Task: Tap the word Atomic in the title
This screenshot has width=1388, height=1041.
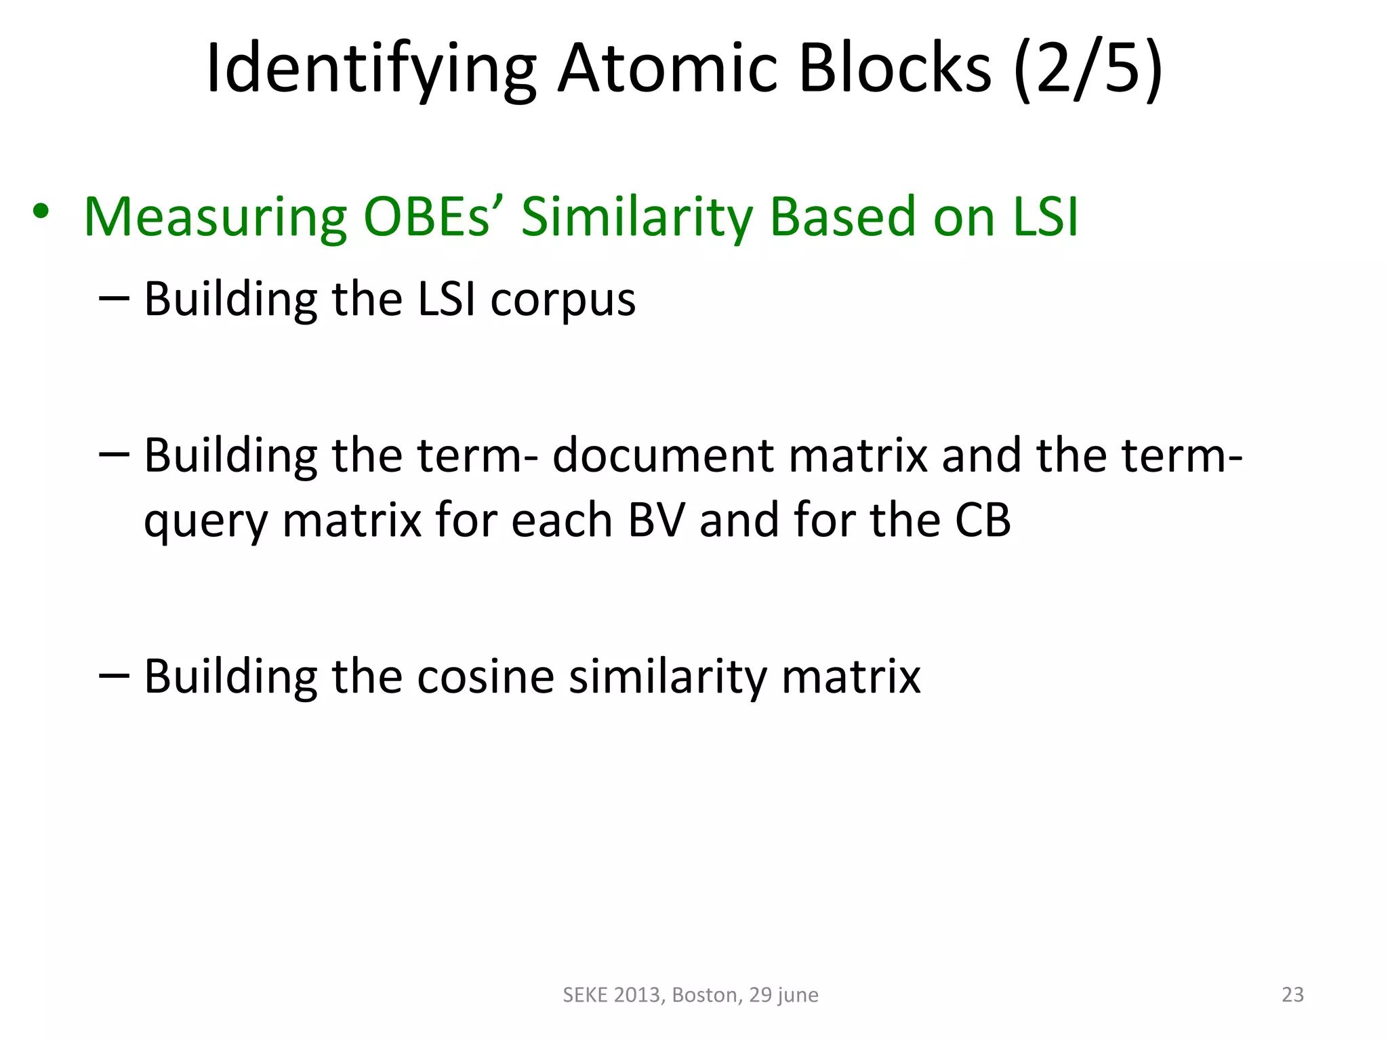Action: tap(668, 68)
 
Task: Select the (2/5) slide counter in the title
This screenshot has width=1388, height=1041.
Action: tap(1088, 68)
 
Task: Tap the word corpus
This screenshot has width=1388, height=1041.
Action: tap(563, 300)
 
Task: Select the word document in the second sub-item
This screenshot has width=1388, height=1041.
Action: tap(662, 455)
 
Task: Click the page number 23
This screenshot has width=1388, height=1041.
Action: tap(1292, 994)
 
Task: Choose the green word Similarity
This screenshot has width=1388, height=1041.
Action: tap(636, 217)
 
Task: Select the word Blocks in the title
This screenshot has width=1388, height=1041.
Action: tap(895, 68)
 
